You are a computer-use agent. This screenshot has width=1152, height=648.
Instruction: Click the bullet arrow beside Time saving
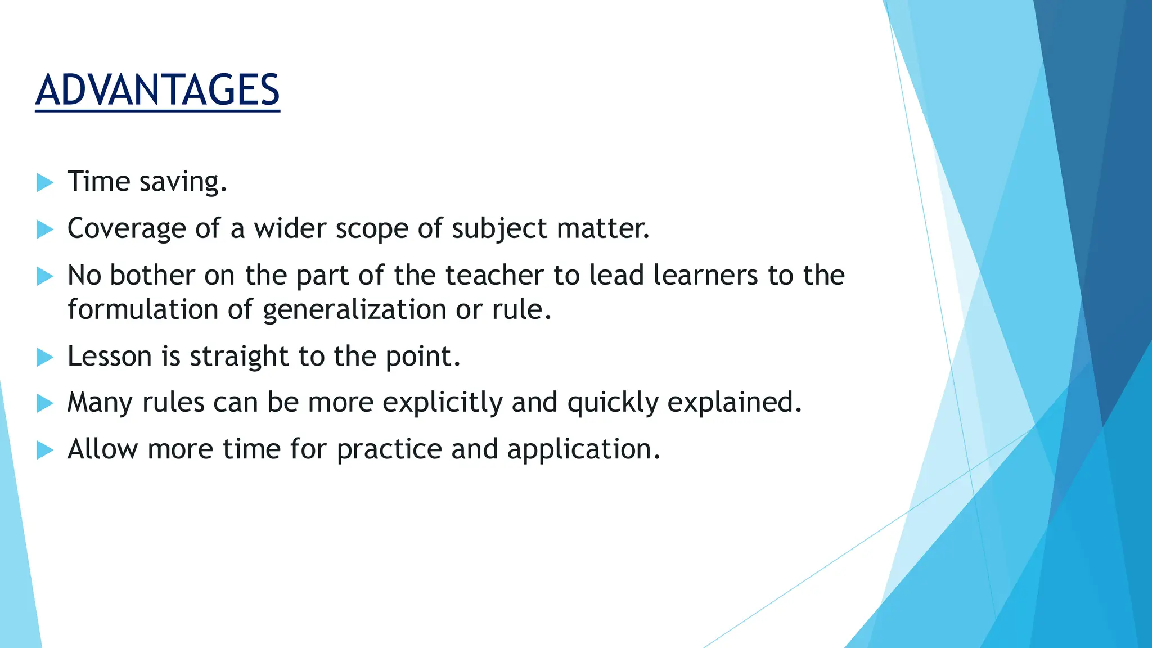point(44,182)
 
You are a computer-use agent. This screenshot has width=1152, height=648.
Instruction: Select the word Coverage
point(127,229)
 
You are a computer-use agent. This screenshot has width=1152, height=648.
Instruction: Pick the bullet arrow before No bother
point(44,276)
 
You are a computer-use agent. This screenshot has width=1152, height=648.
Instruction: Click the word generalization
point(354,310)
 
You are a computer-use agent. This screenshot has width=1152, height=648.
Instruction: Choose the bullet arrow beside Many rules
point(44,403)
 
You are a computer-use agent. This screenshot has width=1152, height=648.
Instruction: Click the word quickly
point(613,403)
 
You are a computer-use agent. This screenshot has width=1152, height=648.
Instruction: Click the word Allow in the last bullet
point(102,449)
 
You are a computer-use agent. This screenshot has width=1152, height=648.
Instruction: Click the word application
point(583,449)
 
